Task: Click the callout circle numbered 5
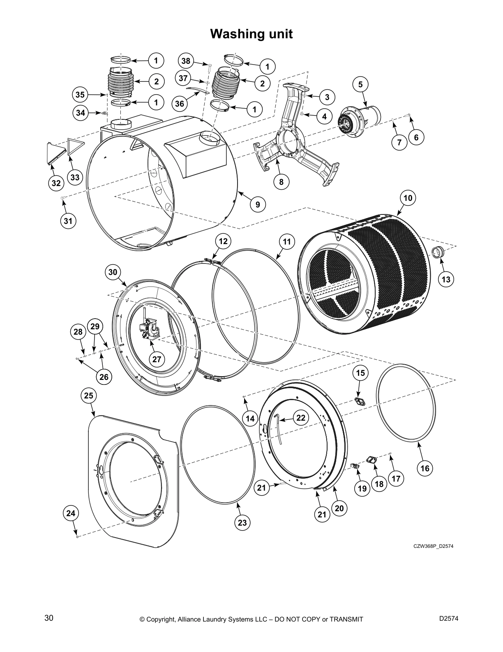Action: (360, 85)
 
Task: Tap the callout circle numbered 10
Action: (407, 198)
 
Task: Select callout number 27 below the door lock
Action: (157, 359)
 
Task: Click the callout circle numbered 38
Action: (186, 61)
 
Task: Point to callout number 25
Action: (89, 396)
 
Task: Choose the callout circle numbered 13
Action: (446, 279)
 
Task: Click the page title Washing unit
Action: (251, 34)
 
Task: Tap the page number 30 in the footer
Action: (48, 618)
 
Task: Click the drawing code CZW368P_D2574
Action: (433, 547)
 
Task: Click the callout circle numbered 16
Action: (425, 468)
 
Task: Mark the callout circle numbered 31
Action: (68, 221)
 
